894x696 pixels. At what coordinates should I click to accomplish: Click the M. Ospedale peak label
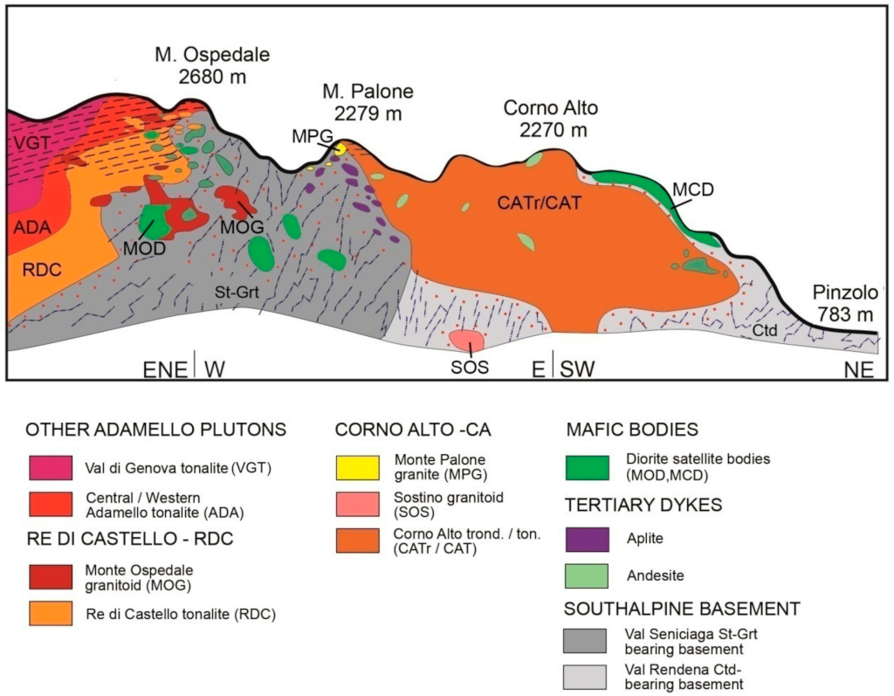pos(212,65)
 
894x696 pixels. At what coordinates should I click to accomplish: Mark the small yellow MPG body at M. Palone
pos(340,149)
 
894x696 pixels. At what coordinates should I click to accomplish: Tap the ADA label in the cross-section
pos(31,228)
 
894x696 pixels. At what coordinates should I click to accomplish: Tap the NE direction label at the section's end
pos(858,369)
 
